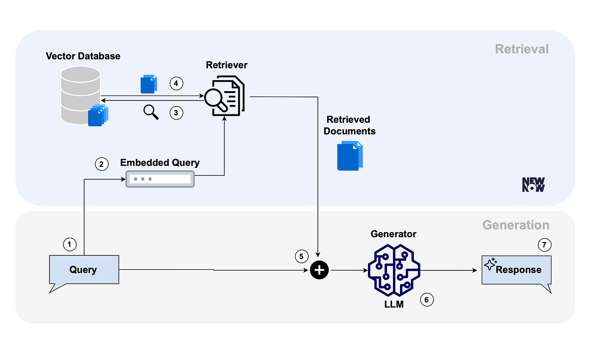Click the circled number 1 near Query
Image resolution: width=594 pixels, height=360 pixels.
[x=70, y=244]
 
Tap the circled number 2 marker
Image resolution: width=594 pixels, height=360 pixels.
[x=101, y=165]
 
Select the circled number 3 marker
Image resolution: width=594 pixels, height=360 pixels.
[x=177, y=113]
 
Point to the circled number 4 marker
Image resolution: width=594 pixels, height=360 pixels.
[x=177, y=83]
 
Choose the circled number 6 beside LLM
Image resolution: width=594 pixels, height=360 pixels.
[x=427, y=300]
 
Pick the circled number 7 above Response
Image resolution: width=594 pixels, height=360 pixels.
[x=544, y=244]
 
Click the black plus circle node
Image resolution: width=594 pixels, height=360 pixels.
[x=319, y=270]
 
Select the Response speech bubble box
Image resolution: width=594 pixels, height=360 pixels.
[x=516, y=270]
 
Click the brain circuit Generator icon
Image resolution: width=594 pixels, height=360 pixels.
[x=394, y=270]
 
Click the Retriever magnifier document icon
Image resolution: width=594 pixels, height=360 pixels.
[x=225, y=96]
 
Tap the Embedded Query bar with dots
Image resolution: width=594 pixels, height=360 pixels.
[x=160, y=179]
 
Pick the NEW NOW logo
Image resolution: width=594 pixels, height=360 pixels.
[x=533, y=185]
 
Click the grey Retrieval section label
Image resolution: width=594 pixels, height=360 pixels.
[x=522, y=49]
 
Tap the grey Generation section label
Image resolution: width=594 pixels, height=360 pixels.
[x=516, y=225]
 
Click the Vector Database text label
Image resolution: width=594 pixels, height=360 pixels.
[x=83, y=56]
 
